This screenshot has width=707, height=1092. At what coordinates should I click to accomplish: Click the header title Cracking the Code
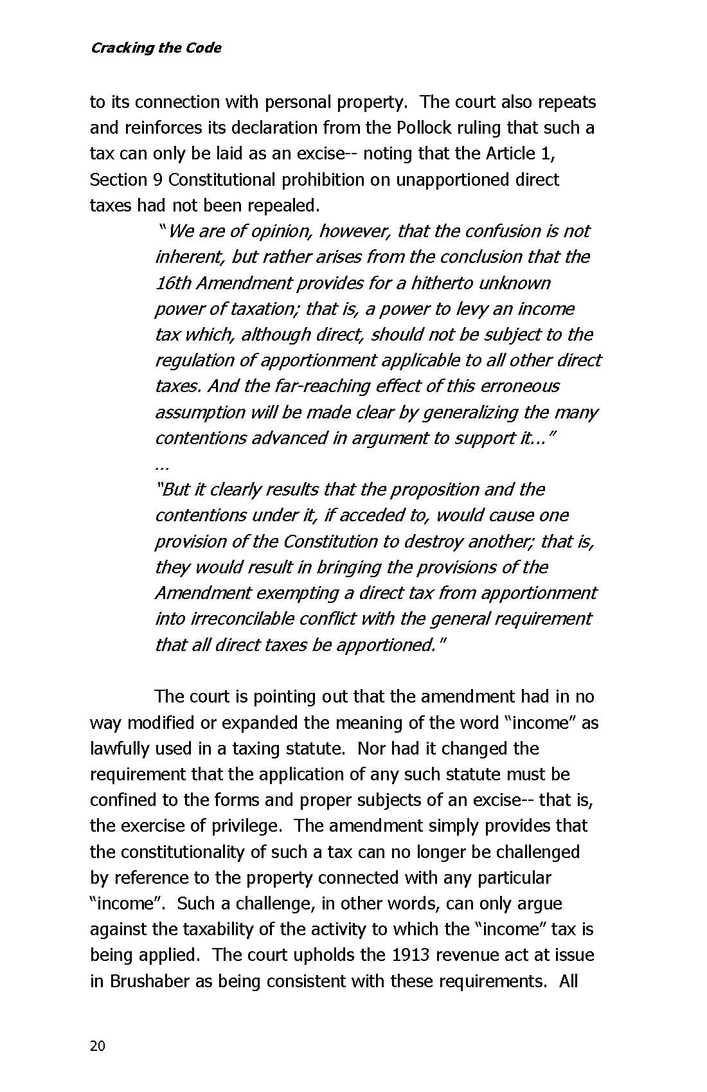[x=156, y=48]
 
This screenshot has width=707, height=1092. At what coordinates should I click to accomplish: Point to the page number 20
[x=97, y=1046]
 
